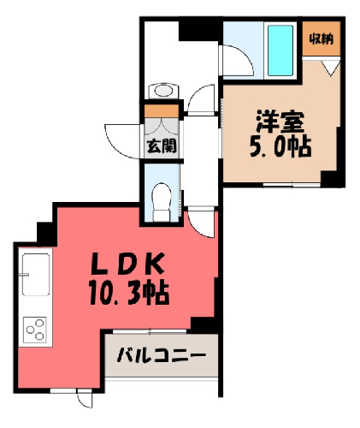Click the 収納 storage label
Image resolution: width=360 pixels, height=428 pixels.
322,39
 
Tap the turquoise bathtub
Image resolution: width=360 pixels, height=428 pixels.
280,51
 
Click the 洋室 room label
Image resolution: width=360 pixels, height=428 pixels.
280,122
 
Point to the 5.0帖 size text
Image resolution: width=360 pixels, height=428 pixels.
280,147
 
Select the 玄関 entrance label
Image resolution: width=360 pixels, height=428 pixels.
162,146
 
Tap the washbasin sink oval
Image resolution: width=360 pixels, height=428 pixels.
163,91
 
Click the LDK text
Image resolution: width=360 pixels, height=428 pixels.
127,264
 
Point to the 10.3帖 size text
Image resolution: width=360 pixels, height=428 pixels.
129,294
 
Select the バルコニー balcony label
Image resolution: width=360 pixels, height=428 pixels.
162,355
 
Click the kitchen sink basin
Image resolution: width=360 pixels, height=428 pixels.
36,275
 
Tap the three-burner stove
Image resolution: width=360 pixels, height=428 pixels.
35,330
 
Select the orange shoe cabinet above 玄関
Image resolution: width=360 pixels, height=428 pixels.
162,111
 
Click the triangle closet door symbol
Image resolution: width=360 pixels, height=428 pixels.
331,68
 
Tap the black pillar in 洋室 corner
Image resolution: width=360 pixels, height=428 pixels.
330,178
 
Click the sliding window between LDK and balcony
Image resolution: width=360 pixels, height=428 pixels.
150,331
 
